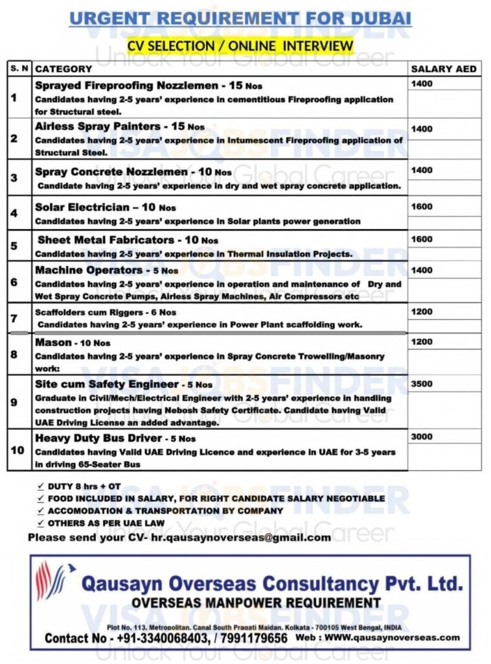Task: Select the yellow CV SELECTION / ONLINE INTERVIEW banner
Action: click(x=240, y=45)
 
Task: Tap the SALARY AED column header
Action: click(x=444, y=69)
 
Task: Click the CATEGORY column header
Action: click(x=63, y=69)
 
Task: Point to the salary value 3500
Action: click(x=422, y=384)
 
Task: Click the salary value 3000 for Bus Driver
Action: click(x=422, y=436)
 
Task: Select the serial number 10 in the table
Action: click(x=18, y=450)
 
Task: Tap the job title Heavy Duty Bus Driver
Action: click(x=98, y=438)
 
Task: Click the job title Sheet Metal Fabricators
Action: click(x=106, y=240)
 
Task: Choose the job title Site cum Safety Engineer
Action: click(x=107, y=384)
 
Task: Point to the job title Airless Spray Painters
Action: click(x=97, y=126)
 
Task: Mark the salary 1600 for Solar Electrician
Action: click(x=422, y=207)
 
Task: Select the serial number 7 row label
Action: click(x=14, y=318)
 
